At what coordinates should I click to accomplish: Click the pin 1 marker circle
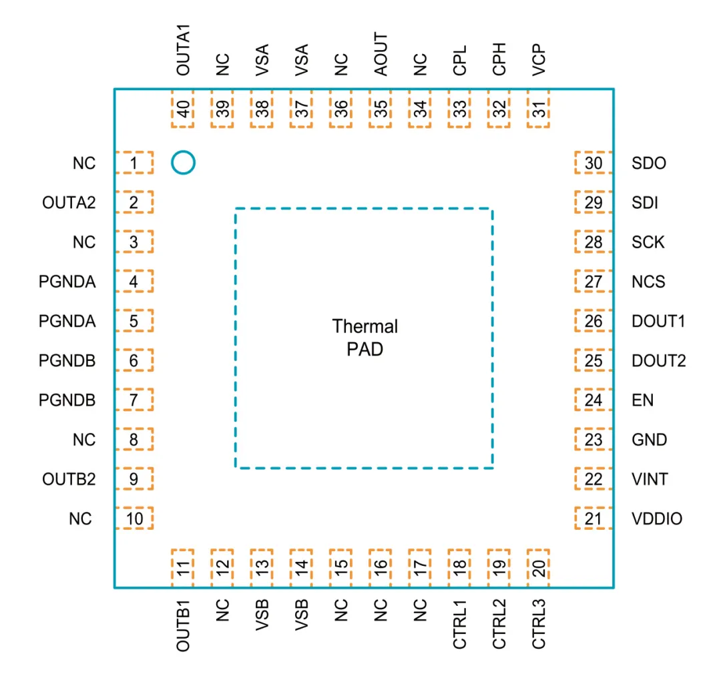pyautogui.click(x=182, y=162)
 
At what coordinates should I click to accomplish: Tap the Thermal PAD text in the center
pyautogui.click(x=365, y=337)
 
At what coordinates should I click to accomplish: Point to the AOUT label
pyautogui.click(x=381, y=54)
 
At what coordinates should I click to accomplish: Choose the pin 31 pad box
pyautogui.click(x=539, y=108)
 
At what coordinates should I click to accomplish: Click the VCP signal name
pyautogui.click(x=539, y=59)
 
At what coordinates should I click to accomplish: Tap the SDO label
pyautogui.click(x=648, y=163)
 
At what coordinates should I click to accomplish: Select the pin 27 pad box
pyautogui.click(x=593, y=282)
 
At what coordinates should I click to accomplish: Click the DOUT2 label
pyautogui.click(x=658, y=361)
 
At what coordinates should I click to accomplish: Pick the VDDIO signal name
pyautogui.click(x=657, y=519)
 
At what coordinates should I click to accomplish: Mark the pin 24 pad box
pyautogui.click(x=593, y=400)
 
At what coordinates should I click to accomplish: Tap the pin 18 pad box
pyautogui.click(x=459, y=568)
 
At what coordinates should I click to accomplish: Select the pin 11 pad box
pyautogui.click(x=183, y=568)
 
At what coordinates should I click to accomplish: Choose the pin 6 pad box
pyautogui.click(x=134, y=361)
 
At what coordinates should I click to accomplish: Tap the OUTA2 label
pyautogui.click(x=69, y=202)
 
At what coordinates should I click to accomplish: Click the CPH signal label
pyautogui.click(x=499, y=59)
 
